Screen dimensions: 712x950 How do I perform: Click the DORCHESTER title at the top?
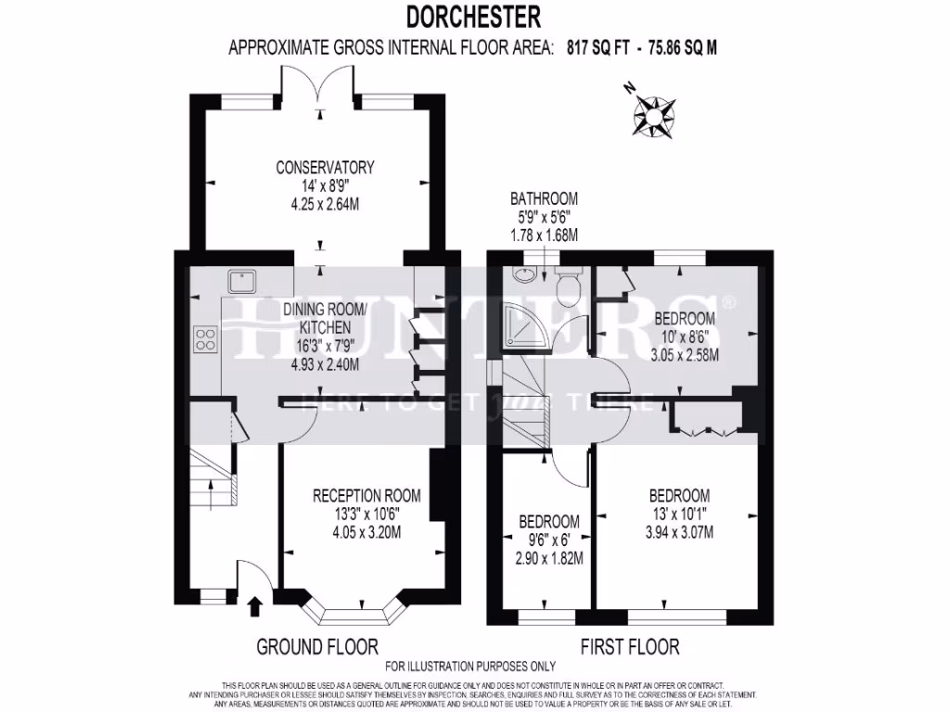pos(473,16)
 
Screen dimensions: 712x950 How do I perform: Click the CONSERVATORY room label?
pos(325,168)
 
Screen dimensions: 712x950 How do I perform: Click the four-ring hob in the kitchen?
pos(205,338)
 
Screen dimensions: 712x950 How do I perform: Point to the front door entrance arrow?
pos(256,607)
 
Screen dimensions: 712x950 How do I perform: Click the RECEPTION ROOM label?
pos(366,495)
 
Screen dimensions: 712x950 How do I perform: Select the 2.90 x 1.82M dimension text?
pos(549,558)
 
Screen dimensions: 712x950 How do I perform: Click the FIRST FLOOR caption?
pos(630,646)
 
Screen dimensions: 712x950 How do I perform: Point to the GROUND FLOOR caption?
pos(316,646)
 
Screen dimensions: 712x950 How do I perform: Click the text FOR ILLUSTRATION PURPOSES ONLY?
pos(470,666)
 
